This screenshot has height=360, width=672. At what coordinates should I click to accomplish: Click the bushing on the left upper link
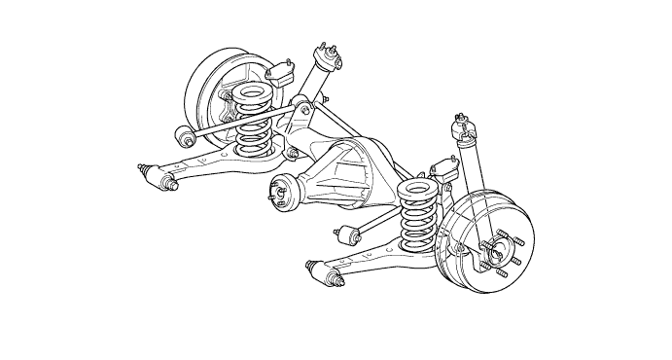click(181, 133)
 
